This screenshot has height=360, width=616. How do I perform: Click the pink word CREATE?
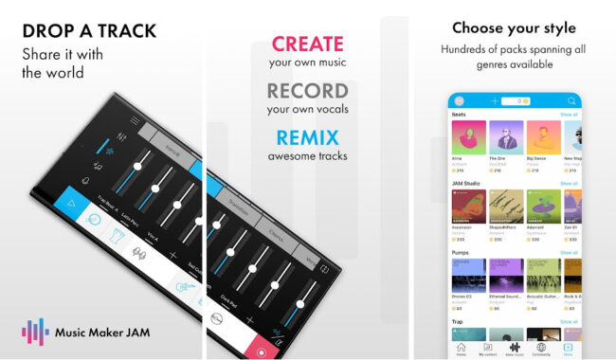click(x=308, y=44)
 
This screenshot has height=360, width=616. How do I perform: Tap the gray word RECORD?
click(x=308, y=92)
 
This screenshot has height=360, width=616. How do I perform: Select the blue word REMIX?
click(x=308, y=136)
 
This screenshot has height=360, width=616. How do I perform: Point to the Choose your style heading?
click(x=515, y=27)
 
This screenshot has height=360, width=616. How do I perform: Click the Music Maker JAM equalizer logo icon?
click(x=35, y=333)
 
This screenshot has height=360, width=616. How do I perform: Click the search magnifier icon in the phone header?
click(x=571, y=100)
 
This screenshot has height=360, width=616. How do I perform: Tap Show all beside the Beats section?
click(x=569, y=115)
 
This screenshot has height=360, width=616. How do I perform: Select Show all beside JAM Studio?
click(x=569, y=184)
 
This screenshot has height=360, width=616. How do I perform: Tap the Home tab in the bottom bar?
click(x=461, y=348)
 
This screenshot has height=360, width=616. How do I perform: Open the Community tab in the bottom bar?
click(x=541, y=348)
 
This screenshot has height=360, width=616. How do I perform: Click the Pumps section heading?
click(x=460, y=253)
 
